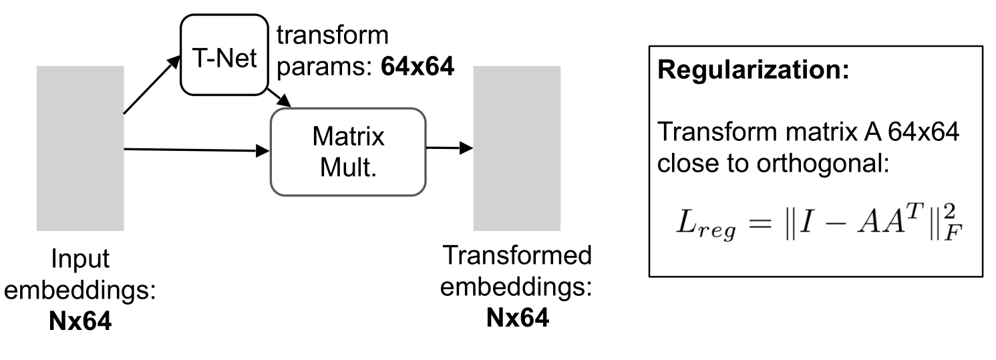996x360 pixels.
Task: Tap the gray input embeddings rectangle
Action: click(80, 149)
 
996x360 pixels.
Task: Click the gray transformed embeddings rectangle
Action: click(516, 148)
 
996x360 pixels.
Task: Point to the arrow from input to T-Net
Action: click(152, 85)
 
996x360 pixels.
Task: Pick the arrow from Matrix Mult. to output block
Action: click(448, 148)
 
